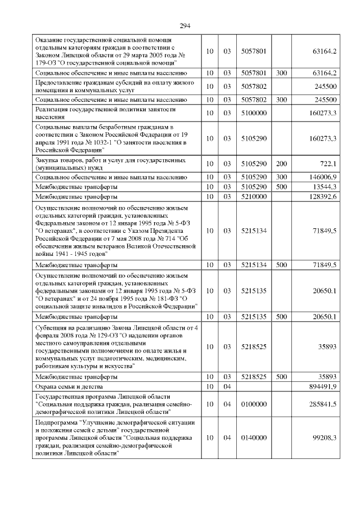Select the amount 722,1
point(327,164)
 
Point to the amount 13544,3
point(325,186)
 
